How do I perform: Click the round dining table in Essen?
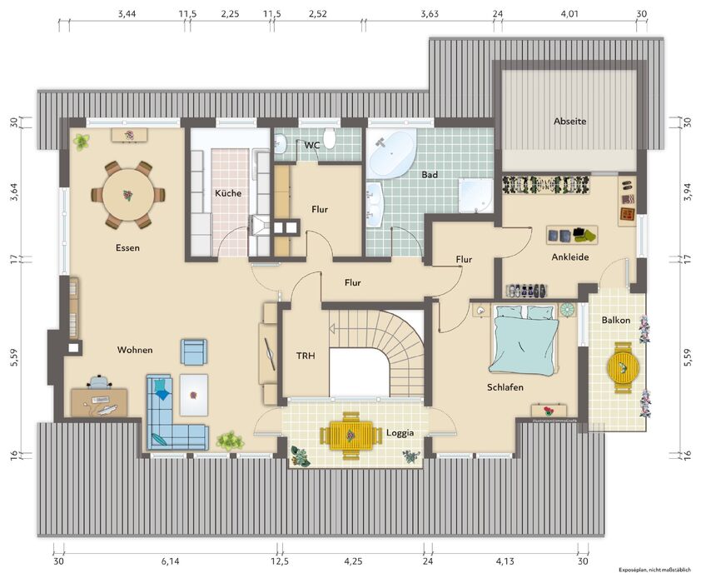[x=128, y=195]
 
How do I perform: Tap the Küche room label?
[x=228, y=193]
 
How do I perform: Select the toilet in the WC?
[x=330, y=138]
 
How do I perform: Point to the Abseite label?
[x=569, y=121]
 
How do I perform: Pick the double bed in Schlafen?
[x=524, y=339]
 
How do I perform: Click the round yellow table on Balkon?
[x=623, y=367]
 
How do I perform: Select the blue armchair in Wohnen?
[x=194, y=351]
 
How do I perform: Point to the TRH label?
[x=306, y=356]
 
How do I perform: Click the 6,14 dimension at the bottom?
[x=171, y=561]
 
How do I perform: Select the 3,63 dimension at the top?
[x=430, y=14]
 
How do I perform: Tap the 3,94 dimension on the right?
[x=688, y=192]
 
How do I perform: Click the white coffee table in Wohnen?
[x=194, y=396]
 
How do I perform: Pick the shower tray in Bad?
[x=475, y=195]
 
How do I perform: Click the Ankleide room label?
[x=570, y=257]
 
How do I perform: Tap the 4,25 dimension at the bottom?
[x=353, y=561]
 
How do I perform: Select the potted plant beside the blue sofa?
[x=231, y=441]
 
